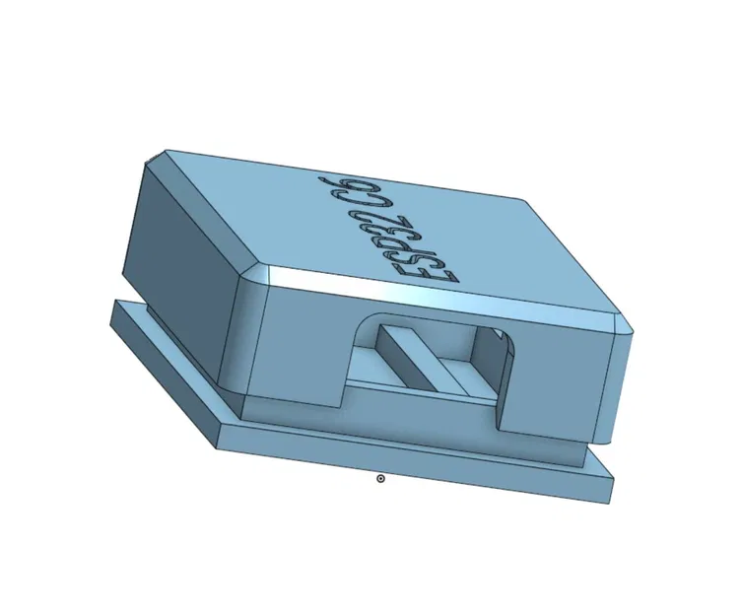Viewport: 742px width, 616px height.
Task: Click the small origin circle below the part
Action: pyautogui.click(x=381, y=478)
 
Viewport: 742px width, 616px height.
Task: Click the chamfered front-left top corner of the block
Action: pyautogui.click(x=258, y=274)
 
